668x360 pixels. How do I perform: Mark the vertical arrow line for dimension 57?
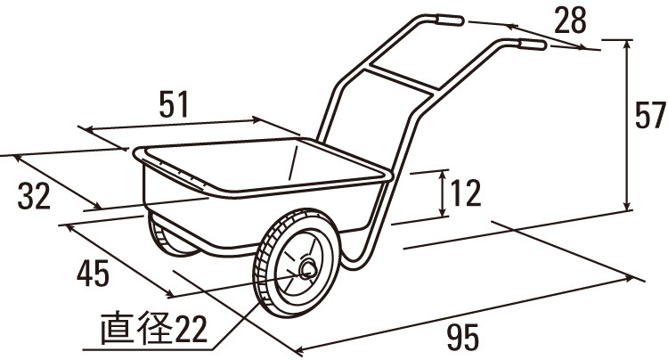(629, 125)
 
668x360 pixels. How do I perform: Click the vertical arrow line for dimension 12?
(443, 193)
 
